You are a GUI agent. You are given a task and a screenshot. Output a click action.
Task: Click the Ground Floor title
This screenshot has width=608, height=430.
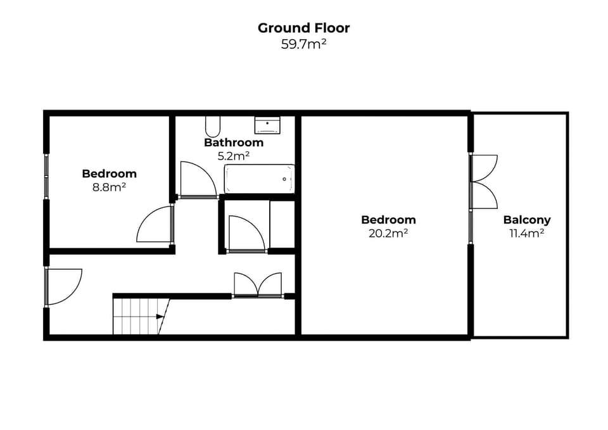[x=303, y=28]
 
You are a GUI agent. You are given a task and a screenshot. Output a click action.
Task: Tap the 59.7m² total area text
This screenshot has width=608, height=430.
[x=303, y=44]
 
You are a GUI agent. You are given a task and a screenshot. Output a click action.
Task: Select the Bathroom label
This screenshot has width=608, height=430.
[x=233, y=142]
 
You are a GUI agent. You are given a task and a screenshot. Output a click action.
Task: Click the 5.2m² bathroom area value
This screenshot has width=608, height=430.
[x=233, y=155]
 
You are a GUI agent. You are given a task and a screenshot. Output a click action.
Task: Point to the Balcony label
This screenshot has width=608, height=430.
[x=526, y=220]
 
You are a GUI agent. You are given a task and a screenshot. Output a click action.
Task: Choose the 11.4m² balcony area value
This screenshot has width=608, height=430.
[x=526, y=233]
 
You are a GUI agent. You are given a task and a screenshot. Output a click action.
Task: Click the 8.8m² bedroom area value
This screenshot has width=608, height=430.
[x=109, y=186]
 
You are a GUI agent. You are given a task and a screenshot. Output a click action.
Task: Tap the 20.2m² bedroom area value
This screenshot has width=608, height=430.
[x=388, y=233]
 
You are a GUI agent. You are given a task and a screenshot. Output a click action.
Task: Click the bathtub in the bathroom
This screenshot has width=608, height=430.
[x=259, y=179]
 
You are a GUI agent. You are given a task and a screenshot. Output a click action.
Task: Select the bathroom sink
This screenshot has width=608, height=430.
[x=267, y=124]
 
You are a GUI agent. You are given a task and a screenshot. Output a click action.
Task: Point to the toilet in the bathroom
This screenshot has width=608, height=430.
[x=212, y=126]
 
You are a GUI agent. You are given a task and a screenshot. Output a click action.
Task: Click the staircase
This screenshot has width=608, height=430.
[x=139, y=316]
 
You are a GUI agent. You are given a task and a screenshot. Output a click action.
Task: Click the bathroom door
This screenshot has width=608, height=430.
[x=196, y=180]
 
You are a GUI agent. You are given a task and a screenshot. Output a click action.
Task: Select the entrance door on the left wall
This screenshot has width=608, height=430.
[x=63, y=286]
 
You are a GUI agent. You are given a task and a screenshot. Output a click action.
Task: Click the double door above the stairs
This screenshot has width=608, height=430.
[x=258, y=284]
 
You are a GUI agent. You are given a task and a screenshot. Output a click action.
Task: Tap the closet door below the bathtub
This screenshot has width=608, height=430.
[x=246, y=234]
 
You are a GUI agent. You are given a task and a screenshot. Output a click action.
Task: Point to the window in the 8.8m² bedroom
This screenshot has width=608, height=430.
[x=46, y=176]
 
